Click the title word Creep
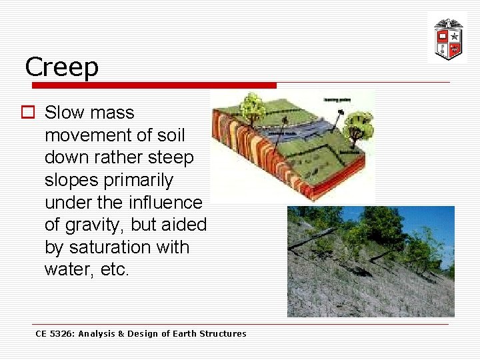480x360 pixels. click(61, 67)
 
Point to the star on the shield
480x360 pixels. click(455, 36)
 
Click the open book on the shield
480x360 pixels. click(441, 36)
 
